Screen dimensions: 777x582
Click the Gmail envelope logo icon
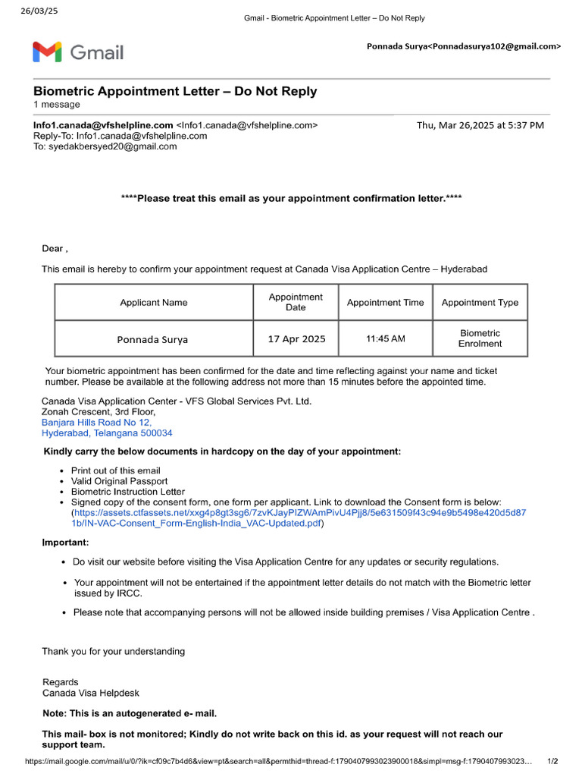tap(48, 52)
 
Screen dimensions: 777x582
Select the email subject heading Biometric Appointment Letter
tap(175, 92)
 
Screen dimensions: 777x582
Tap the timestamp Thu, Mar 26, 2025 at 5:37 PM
tap(480, 125)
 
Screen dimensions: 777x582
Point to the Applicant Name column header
tap(153, 302)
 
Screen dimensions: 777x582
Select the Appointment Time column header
tap(385, 302)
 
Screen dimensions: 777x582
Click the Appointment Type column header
tap(480, 302)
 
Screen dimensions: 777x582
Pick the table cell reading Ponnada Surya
tap(152, 339)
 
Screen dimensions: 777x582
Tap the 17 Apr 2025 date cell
tap(296, 339)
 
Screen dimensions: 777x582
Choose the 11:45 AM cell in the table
tap(385, 338)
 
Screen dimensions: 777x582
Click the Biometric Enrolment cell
tap(480, 338)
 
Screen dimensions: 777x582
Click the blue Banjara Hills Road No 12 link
tap(96, 423)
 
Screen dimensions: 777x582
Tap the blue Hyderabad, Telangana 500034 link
tap(107, 433)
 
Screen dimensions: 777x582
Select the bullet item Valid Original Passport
tap(119, 481)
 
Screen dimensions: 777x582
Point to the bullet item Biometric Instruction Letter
tap(127, 492)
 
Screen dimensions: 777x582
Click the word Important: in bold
tap(65, 543)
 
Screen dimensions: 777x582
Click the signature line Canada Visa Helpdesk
tap(91, 693)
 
